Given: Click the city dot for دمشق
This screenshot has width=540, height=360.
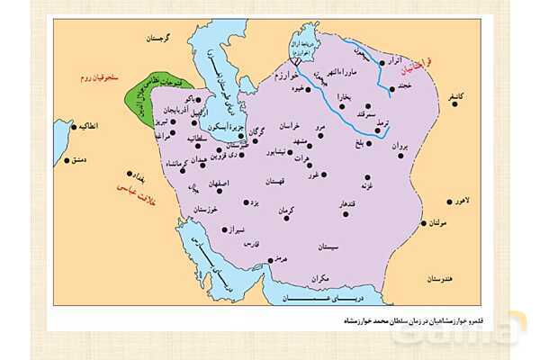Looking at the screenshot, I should point(67,162).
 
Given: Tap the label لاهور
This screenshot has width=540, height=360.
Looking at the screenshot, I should point(468,202).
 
